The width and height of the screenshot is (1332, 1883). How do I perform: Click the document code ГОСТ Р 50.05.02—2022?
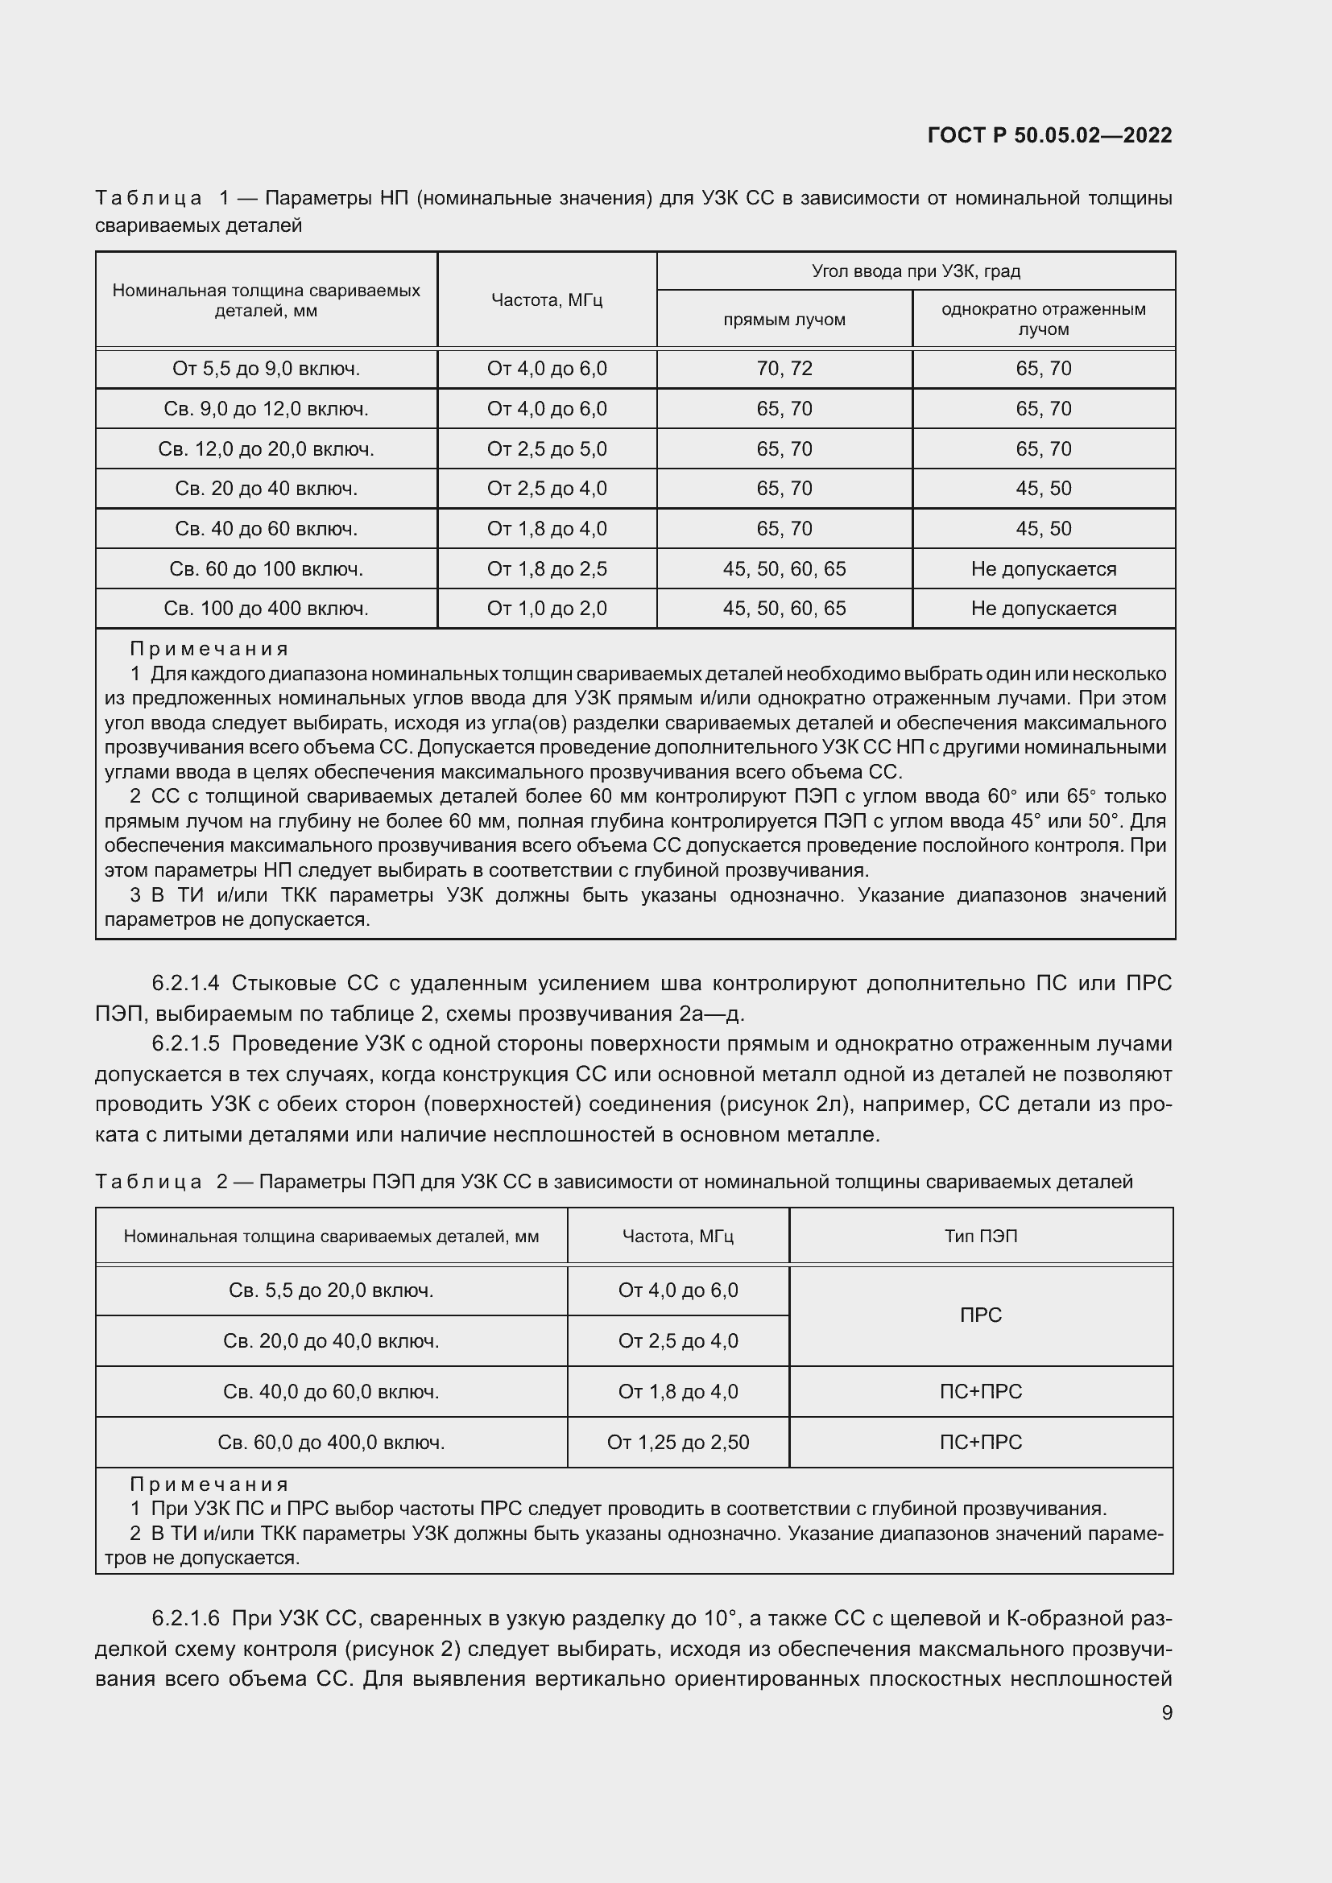click(x=1049, y=135)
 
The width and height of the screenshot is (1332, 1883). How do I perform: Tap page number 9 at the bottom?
click(x=1166, y=1712)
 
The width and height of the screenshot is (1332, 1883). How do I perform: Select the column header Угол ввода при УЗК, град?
click(x=916, y=270)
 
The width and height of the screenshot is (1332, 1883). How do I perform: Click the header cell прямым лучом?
click(x=784, y=319)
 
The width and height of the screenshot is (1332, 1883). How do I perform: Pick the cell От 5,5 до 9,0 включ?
click(x=266, y=368)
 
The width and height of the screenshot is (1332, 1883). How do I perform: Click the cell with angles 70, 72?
click(x=784, y=368)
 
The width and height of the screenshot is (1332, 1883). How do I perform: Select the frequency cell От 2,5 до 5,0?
click(x=546, y=448)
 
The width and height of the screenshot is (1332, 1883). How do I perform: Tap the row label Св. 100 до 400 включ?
click(x=266, y=609)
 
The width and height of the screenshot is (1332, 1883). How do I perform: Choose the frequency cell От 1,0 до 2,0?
click(x=546, y=609)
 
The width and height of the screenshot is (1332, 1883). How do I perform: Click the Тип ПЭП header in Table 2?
click(x=981, y=1236)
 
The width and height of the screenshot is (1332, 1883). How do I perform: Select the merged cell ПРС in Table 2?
click(x=981, y=1315)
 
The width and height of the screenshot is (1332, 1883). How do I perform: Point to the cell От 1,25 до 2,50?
click(x=677, y=1443)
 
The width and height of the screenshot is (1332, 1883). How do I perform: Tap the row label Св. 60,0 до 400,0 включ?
click(x=330, y=1443)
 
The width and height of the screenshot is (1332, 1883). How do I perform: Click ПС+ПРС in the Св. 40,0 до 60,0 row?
click(x=981, y=1392)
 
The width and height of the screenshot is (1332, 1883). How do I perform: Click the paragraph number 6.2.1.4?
click(x=186, y=982)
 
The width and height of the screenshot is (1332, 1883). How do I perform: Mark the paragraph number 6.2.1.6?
click(x=186, y=1619)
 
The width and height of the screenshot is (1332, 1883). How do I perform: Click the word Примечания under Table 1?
click(x=209, y=649)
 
